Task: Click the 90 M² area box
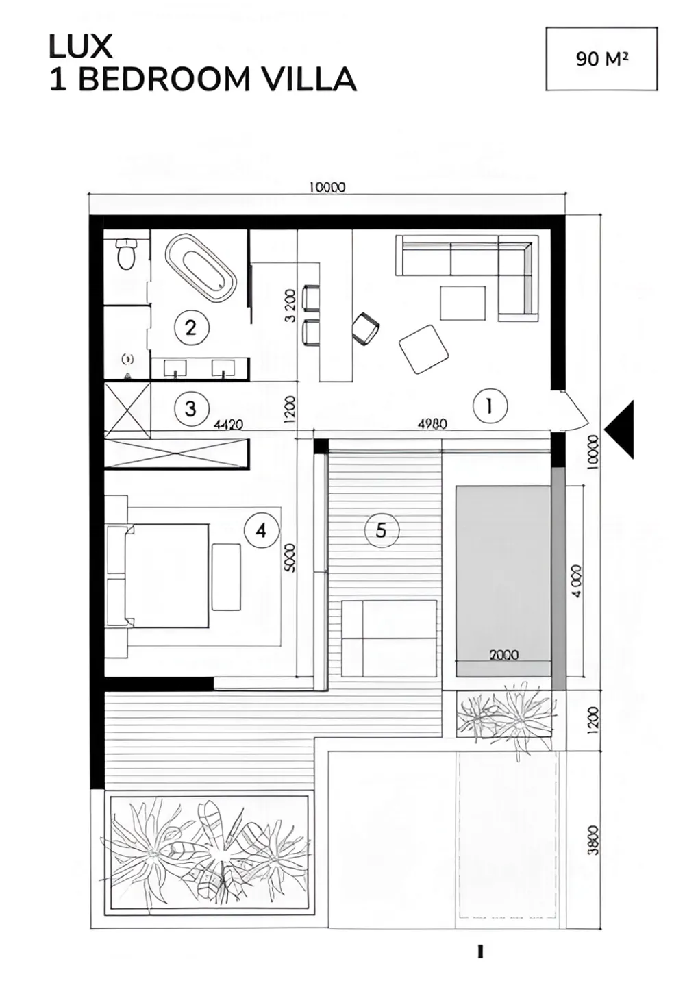tap(601, 59)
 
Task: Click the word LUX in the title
tap(80, 47)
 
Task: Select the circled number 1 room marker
tap(490, 406)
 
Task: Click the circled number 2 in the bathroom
tap(191, 327)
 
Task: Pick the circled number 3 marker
tap(191, 409)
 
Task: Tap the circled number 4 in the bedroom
tap(262, 532)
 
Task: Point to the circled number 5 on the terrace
tap(382, 530)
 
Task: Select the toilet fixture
tap(126, 253)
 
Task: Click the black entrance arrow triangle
tap(620, 430)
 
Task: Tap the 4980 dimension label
tap(433, 424)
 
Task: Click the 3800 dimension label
tap(593, 840)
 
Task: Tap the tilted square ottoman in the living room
tap(424, 349)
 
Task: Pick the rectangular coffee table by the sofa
tap(463, 303)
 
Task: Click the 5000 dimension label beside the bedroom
tap(290, 558)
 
